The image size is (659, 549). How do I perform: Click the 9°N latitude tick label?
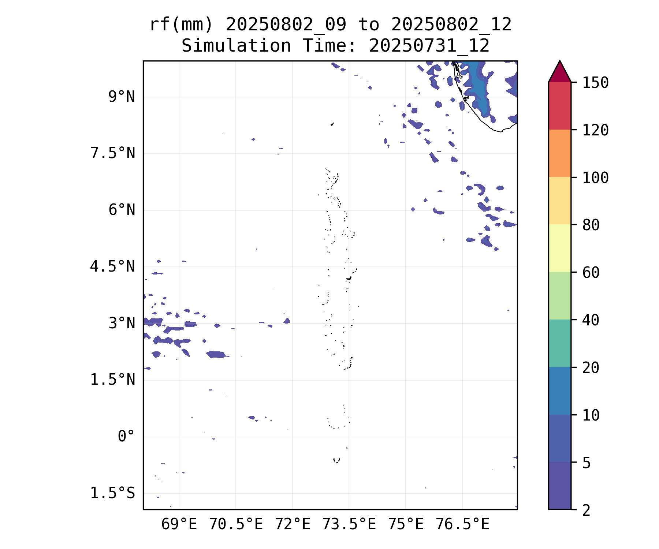pos(122,97)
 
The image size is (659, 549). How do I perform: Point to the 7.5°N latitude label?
pos(113,153)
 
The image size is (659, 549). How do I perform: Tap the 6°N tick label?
pos(122,210)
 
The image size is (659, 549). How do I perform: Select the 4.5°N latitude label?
pos(113,267)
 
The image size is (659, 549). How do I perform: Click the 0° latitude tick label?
pos(126,437)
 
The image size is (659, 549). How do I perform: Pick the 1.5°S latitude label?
pos(113,493)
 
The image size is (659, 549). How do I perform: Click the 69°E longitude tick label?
pos(179,524)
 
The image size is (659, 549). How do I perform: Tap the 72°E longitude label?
pos(293,524)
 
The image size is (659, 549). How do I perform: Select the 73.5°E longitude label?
pos(349,524)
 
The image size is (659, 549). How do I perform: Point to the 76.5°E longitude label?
pos(462,524)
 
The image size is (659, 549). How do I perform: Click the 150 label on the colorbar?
pos(595,83)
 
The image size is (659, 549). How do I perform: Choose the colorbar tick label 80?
pos(591,225)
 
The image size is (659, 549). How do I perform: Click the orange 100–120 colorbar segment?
pos(559,153)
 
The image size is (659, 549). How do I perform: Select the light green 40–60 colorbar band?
pos(559,296)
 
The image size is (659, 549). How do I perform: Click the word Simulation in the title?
pos(236,46)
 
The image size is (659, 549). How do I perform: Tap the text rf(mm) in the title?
pos(182,25)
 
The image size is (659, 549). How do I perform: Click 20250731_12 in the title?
pos(429,46)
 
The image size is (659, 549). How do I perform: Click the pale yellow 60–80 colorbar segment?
pos(559,248)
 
